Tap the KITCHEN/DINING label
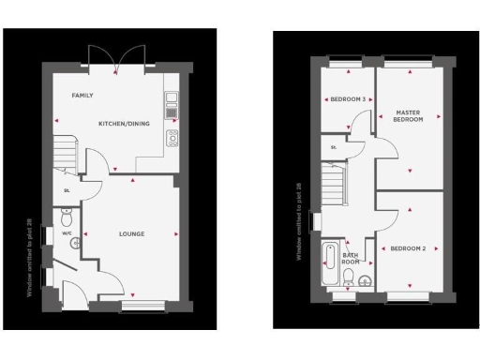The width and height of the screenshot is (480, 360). [125, 123]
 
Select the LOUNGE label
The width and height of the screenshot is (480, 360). [130, 232]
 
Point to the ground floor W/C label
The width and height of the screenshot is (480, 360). [67, 232]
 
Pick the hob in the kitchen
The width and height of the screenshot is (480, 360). [172, 138]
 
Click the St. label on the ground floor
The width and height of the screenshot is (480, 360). [67, 191]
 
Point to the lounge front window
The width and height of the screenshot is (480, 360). [141, 307]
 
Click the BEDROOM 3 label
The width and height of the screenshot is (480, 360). [348, 98]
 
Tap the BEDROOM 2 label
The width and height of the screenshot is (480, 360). [408, 248]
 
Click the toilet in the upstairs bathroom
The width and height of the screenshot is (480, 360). [348, 277]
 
